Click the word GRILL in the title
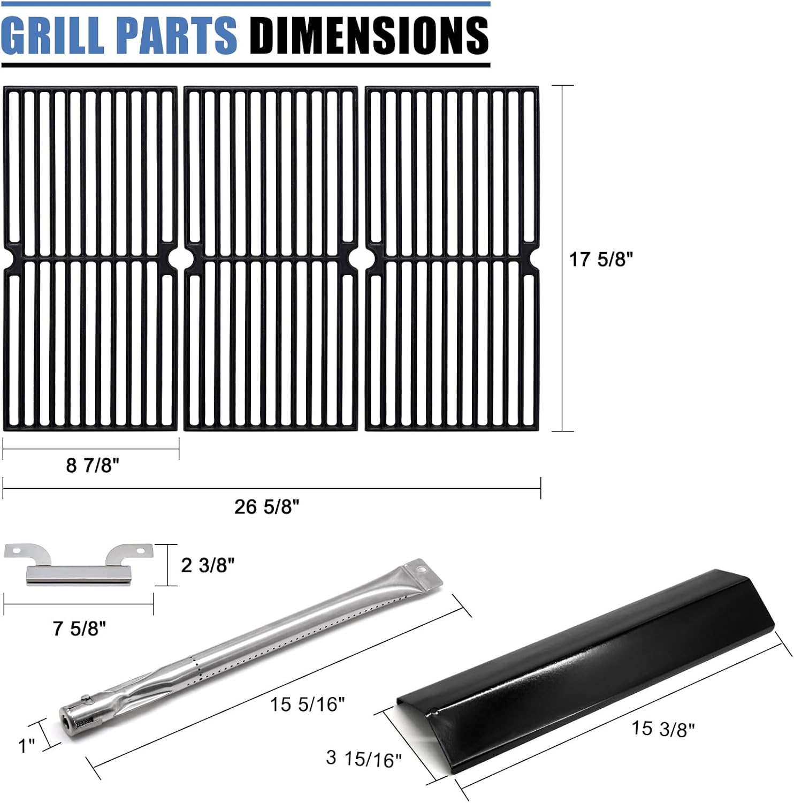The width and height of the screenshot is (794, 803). [x=55, y=35]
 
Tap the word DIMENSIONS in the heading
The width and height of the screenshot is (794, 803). [x=369, y=35]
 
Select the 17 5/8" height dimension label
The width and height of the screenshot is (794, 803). [x=600, y=260]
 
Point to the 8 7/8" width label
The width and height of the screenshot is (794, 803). [x=92, y=465]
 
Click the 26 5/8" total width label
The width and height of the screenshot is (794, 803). [x=266, y=506]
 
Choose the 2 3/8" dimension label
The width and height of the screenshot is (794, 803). [x=208, y=565]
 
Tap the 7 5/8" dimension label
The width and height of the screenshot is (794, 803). [x=79, y=628]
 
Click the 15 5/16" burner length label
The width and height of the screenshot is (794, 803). [x=307, y=704]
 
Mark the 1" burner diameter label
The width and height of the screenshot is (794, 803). [x=27, y=746]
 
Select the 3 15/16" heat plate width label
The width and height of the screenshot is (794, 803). [x=363, y=758]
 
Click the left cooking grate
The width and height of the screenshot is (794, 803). [x=90, y=258]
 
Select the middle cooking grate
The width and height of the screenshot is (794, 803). [x=271, y=258]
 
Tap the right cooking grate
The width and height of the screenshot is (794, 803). [x=452, y=258]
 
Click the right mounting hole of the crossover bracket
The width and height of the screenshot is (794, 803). [x=142, y=550]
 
